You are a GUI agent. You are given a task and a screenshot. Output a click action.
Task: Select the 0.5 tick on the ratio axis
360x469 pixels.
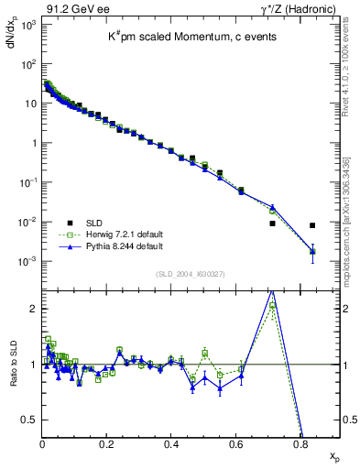[x=32, y=420]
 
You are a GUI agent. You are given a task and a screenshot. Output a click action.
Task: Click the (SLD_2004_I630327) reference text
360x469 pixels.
[x=191, y=273]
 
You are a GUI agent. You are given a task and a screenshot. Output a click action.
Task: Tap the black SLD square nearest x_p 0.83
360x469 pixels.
[x=312, y=225]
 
